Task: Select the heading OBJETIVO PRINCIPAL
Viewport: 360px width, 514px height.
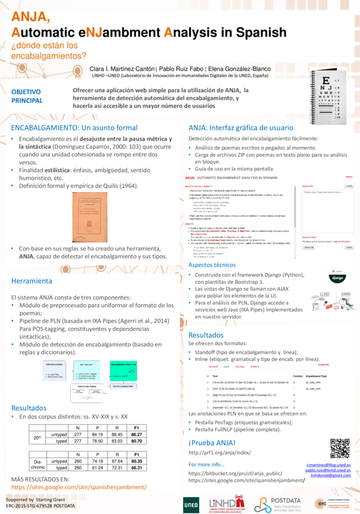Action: tap(27, 96)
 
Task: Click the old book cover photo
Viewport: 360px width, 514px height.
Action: tap(70, 217)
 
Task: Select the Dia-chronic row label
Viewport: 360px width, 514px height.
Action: tap(38, 464)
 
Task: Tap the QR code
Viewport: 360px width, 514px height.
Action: tap(340, 448)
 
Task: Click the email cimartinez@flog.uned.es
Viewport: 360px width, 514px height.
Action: tap(328, 465)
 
